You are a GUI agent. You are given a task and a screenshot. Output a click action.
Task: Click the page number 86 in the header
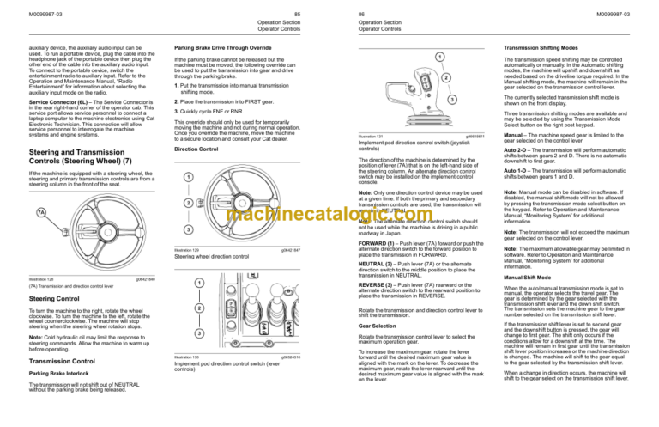click(x=342, y=12)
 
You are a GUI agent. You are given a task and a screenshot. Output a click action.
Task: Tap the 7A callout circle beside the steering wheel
click(x=42, y=212)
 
